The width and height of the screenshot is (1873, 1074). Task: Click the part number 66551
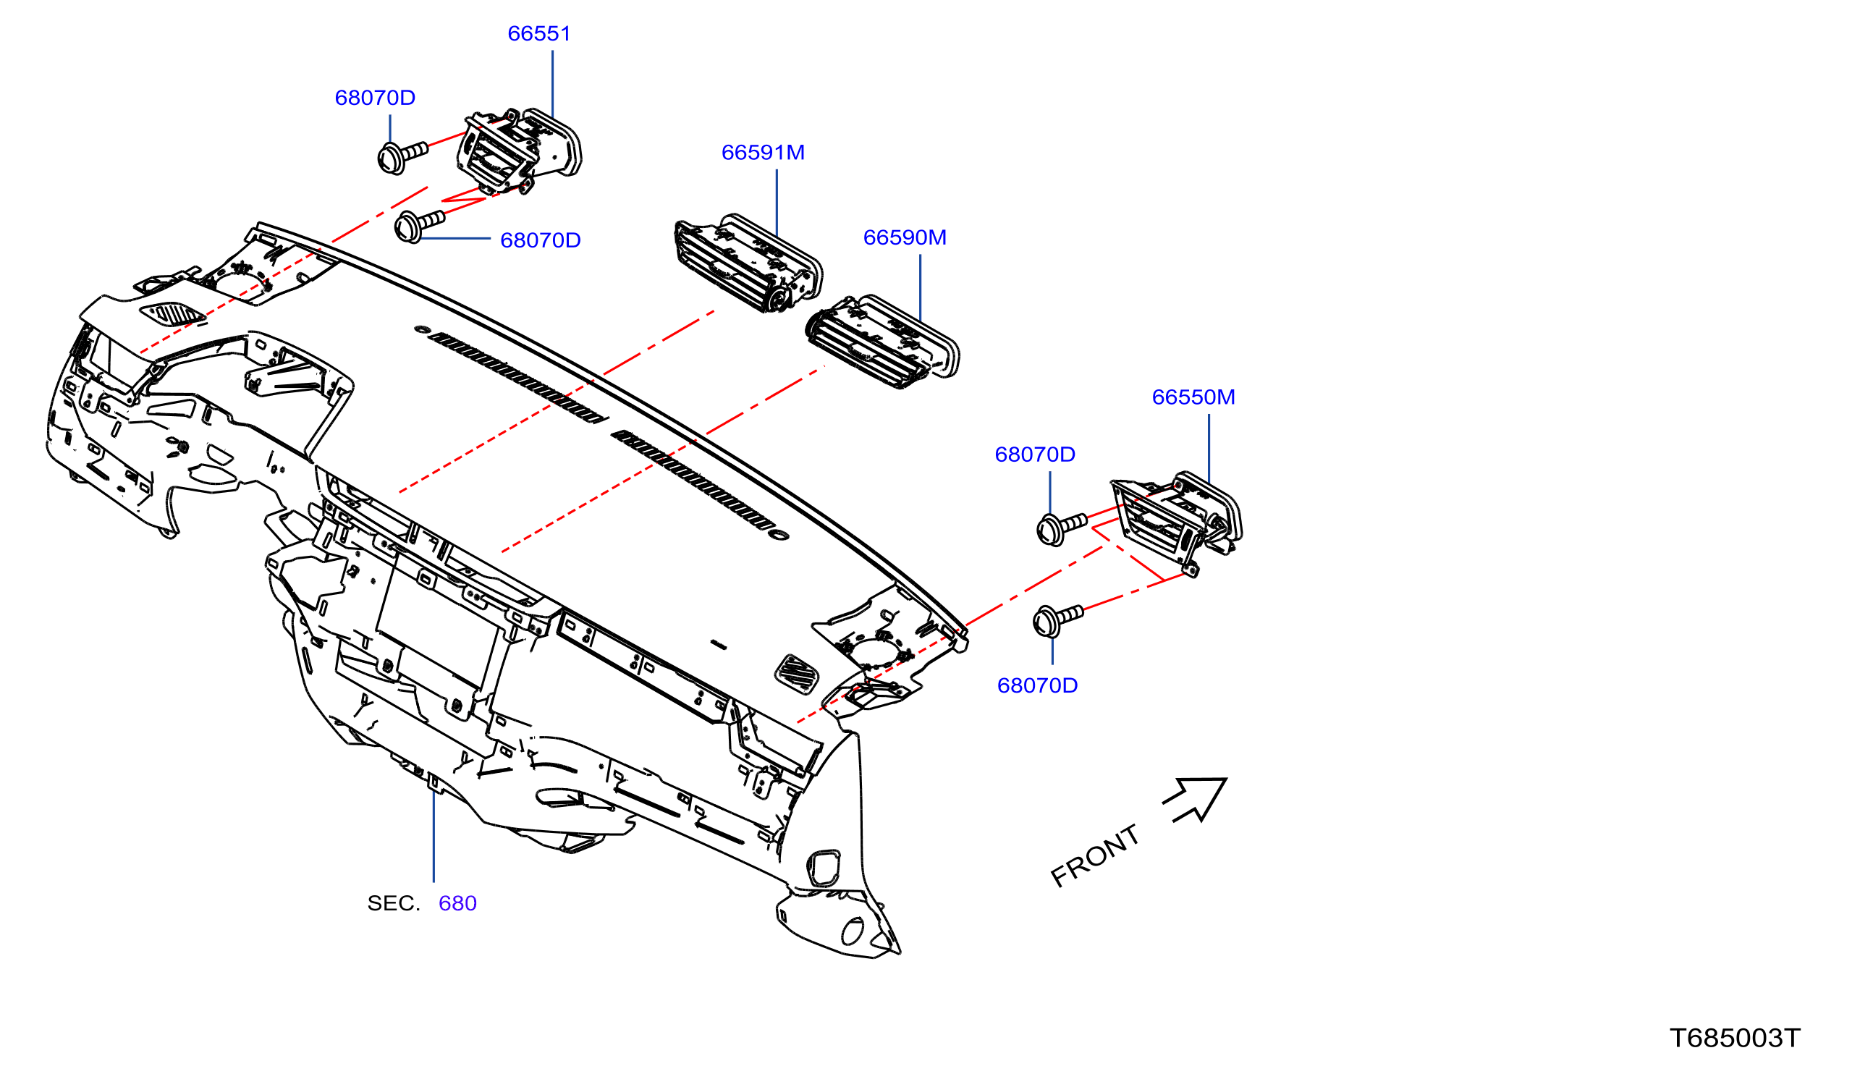[x=539, y=33]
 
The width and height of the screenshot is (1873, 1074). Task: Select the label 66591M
[x=763, y=152]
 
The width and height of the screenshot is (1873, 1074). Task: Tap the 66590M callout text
[x=904, y=237]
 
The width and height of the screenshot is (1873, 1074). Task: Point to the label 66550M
[x=1193, y=397]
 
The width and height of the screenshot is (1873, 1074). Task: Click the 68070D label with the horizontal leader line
[x=541, y=240]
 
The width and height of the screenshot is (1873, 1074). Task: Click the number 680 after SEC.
[x=457, y=903]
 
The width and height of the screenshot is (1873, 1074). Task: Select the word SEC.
[x=393, y=903]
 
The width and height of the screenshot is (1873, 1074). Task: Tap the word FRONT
[x=1094, y=855]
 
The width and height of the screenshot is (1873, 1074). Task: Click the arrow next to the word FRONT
[x=1195, y=800]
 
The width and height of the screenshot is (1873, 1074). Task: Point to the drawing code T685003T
[x=1734, y=1038]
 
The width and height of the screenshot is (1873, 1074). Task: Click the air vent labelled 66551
[x=518, y=151]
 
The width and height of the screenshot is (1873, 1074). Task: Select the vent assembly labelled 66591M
[x=748, y=263]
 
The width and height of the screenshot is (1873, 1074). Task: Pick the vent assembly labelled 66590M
[x=882, y=342]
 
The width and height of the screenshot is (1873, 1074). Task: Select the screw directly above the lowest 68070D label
[x=1057, y=620]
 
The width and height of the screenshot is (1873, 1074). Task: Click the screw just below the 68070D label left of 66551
[x=402, y=157]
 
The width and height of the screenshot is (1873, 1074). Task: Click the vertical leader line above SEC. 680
[x=434, y=835]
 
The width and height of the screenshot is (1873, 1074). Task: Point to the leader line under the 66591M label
[x=777, y=203]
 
